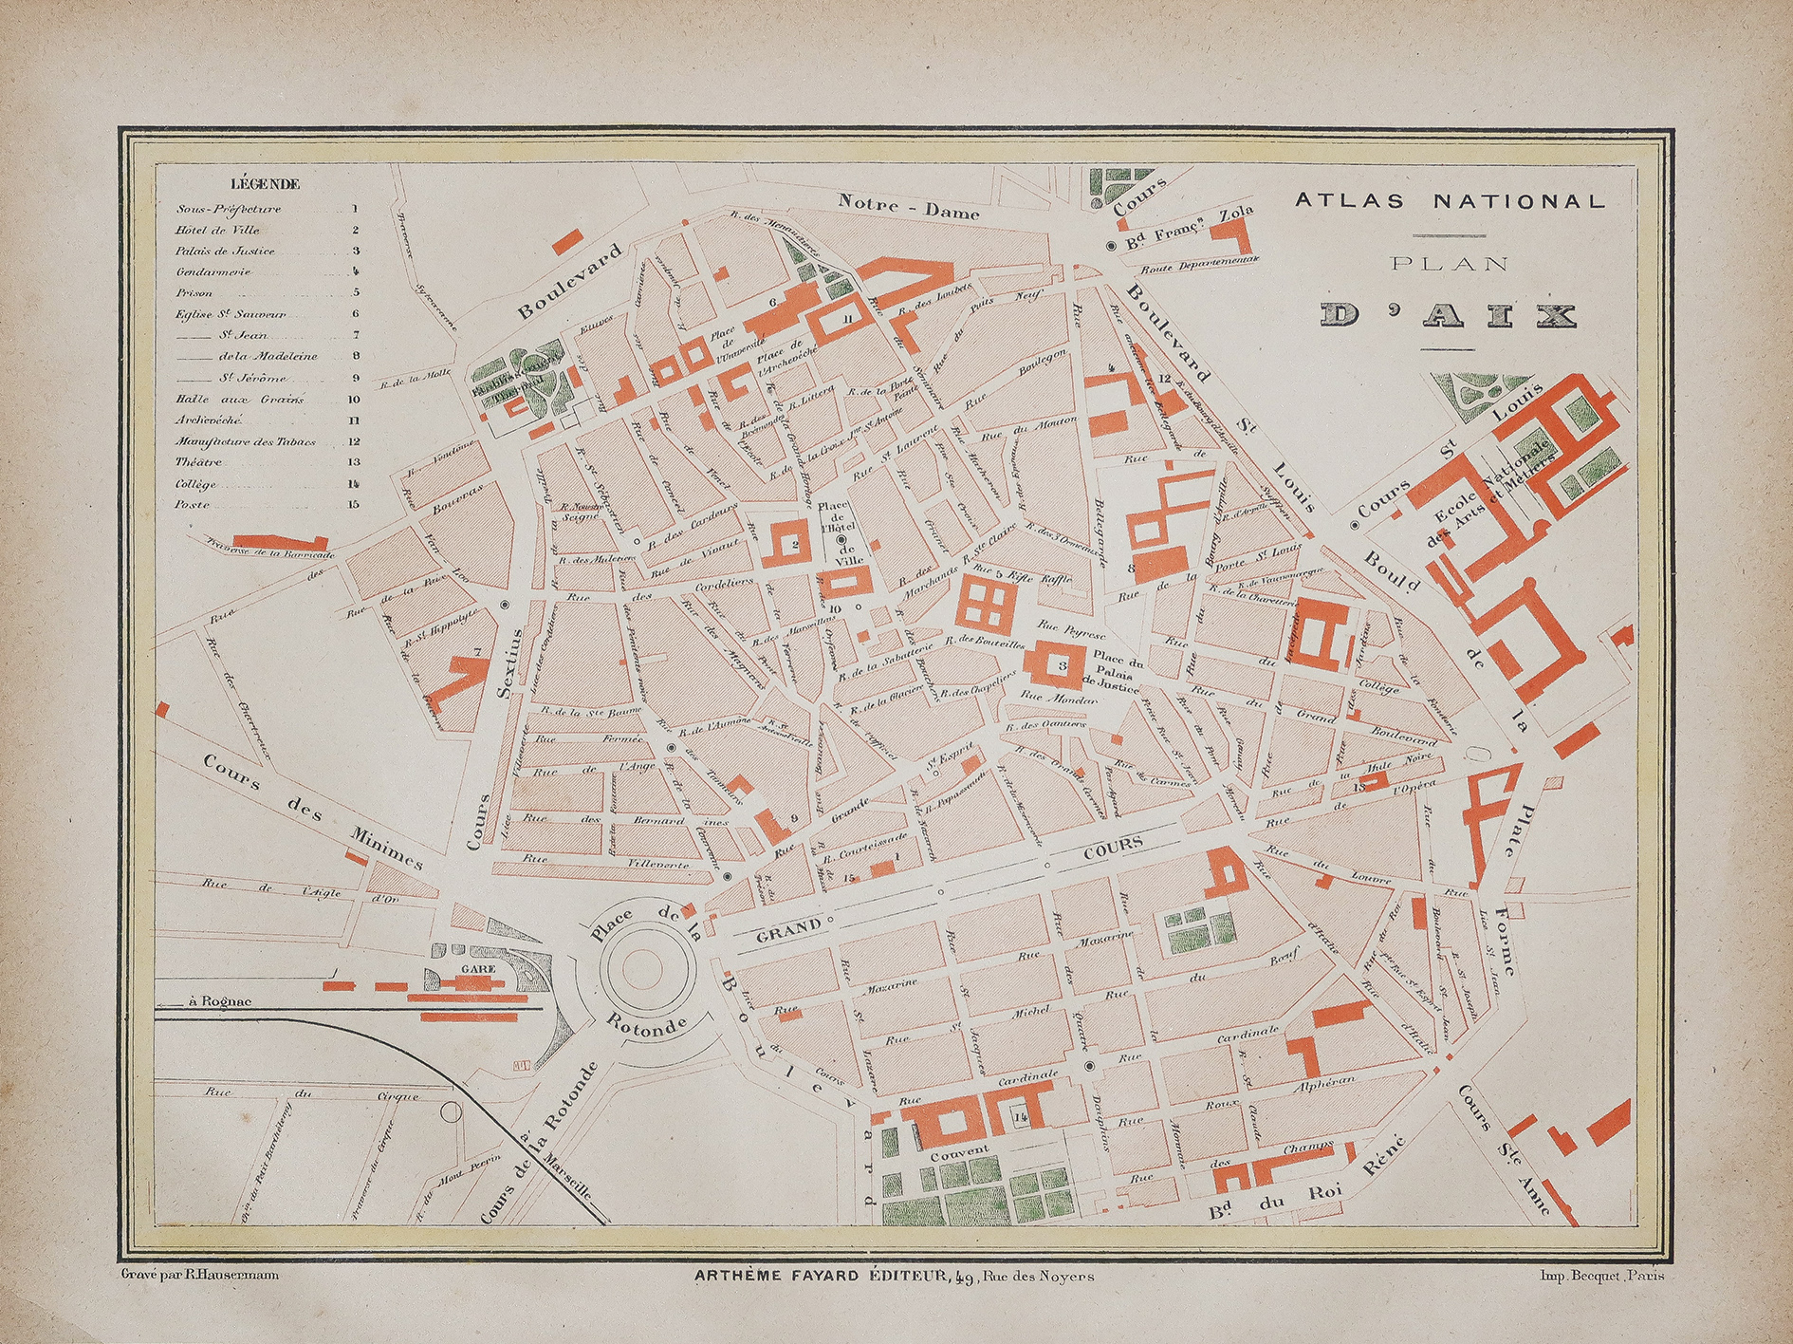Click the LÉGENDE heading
[265, 184]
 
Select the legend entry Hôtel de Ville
[217, 230]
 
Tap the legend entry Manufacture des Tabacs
[245, 442]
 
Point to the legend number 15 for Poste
[353, 505]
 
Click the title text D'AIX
[1448, 316]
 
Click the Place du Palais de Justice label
[1116, 672]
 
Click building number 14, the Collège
[1020, 1117]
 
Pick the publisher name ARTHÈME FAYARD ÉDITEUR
[822, 1277]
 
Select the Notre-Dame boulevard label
[908, 206]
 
